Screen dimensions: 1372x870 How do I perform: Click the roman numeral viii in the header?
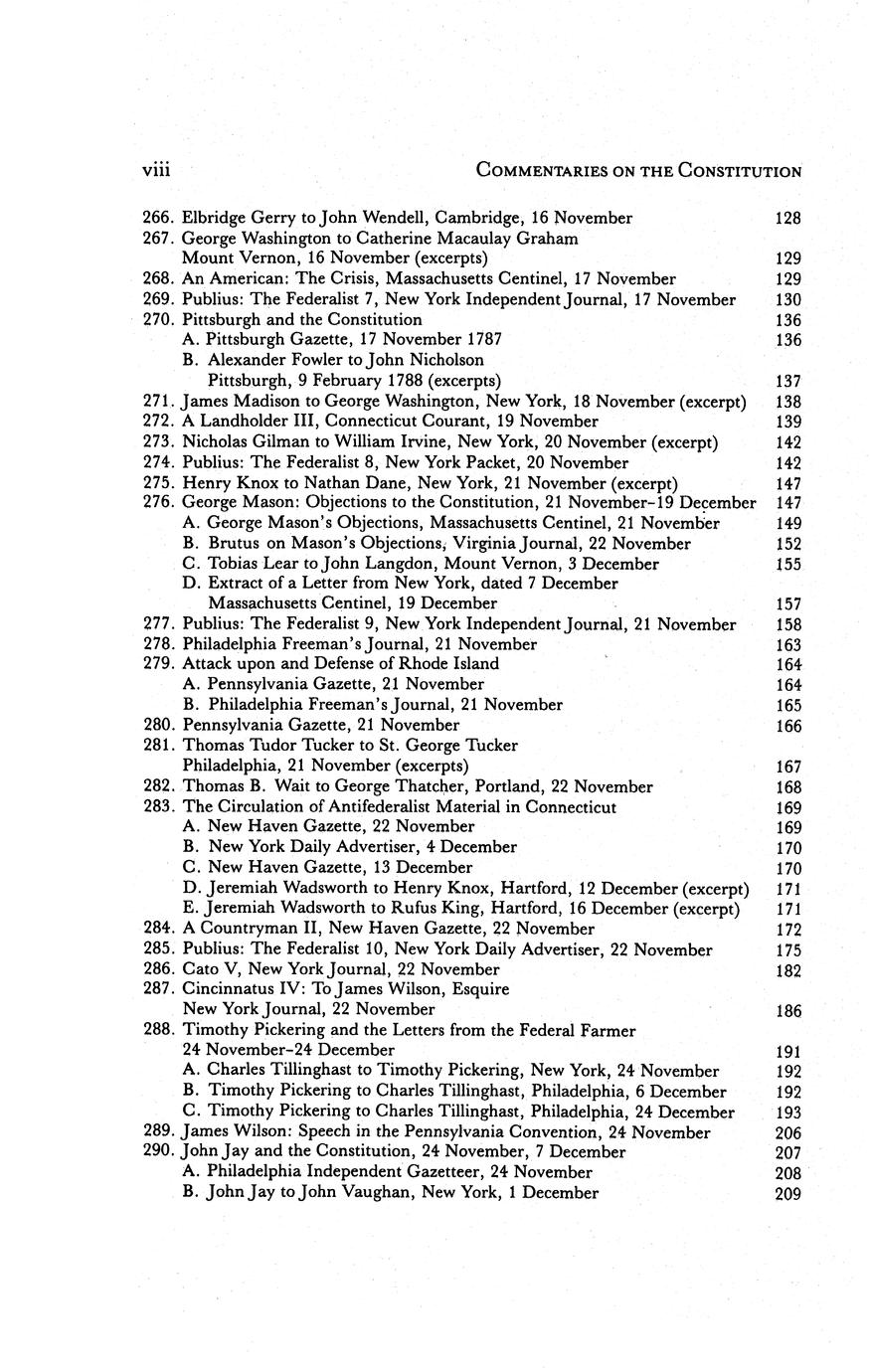pyautogui.click(x=156, y=170)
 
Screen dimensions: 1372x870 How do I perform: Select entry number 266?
pyautogui.click(x=159, y=218)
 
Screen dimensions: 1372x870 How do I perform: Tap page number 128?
pyautogui.click(x=787, y=218)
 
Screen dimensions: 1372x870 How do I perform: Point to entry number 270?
pyautogui.click(x=159, y=320)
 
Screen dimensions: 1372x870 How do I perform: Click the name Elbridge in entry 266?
pyautogui.click(x=216, y=218)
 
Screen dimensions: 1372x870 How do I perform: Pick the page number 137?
pyautogui.click(x=787, y=382)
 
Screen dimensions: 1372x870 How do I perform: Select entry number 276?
pyautogui.click(x=159, y=503)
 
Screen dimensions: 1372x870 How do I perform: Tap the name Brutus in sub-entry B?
pyautogui.click(x=234, y=544)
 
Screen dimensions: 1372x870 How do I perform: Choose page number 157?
pyautogui.click(x=787, y=604)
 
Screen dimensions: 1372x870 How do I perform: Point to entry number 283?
pyautogui.click(x=159, y=807)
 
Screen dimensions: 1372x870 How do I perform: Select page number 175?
pyautogui.click(x=787, y=950)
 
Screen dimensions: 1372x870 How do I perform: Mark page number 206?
pyautogui.click(x=787, y=1133)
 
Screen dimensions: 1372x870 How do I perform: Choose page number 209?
pyautogui.click(x=787, y=1194)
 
